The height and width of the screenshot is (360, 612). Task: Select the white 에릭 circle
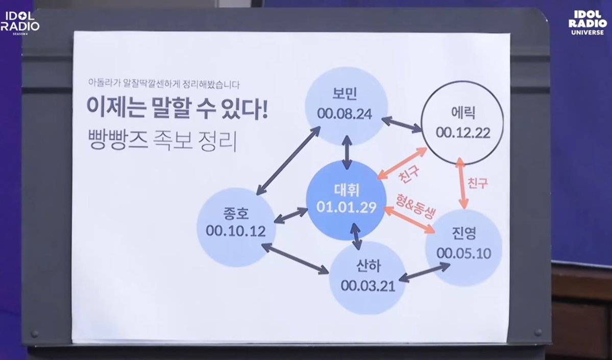click(462, 121)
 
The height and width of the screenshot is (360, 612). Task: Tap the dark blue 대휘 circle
click(346, 200)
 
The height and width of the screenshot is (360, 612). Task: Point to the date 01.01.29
click(346, 207)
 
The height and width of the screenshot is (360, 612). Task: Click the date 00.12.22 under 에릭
click(462, 133)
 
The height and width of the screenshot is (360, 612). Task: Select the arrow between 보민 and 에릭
click(402, 124)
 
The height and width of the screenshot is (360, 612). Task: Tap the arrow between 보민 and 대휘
click(347, 152)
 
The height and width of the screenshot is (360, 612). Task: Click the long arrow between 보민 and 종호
click(288, 160)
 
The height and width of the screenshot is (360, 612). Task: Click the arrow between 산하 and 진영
click(424, 272)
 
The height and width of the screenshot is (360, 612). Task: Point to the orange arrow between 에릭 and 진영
click(462, 183)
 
